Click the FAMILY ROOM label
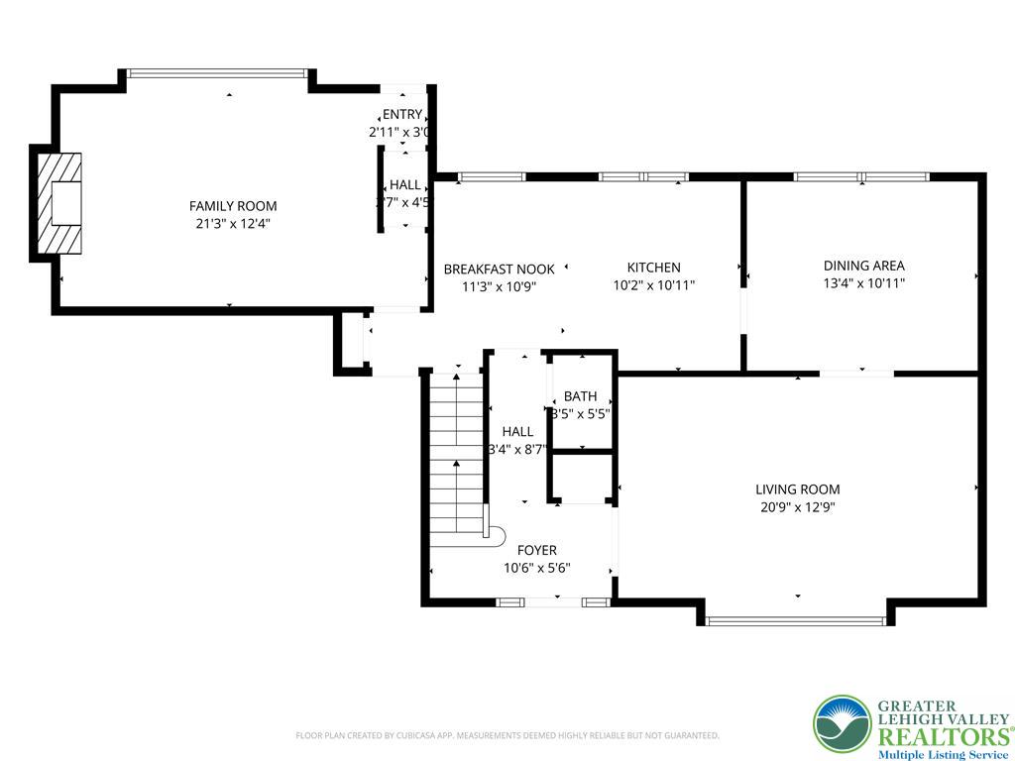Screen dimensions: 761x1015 pyautogui.click(x=233, y=206)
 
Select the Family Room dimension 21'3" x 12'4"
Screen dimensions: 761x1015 pyautogui.click(x=233, y=224)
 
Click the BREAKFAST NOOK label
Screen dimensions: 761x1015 pyautogui.click(x=499, y=270)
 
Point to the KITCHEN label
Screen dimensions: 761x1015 pyautogui.click(x=653, y=268)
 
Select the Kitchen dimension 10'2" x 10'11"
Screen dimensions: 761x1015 pyautogui.click(x=653, y=285)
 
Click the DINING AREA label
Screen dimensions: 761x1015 pyautogui.click(x=863, y=266)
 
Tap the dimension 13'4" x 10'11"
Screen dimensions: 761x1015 pyautogui.click(x=863, y=283)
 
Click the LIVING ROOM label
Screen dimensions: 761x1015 pyautogui.click(x=797, y=489)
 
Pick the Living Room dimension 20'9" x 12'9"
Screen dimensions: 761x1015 pyautogui.click(x=797, y=507)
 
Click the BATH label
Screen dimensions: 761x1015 pyautogui.click(x=580, y=397)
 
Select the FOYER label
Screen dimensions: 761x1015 pyautogui.click(x=536, y=551)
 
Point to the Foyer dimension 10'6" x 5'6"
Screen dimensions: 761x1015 pyautogui.click(x=536, y=569)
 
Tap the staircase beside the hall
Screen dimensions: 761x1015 pyautogui.click(x=456, y=456)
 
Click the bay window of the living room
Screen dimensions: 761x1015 pyautogui.click(x=796, y=621)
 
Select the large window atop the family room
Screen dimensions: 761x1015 pyautogui.click(x=218, y=72)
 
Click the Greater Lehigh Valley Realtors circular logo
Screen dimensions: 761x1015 pyautogui.click(x=843, y=724)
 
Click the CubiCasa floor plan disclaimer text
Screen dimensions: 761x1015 pyautogui.click(x=507, y=735)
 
